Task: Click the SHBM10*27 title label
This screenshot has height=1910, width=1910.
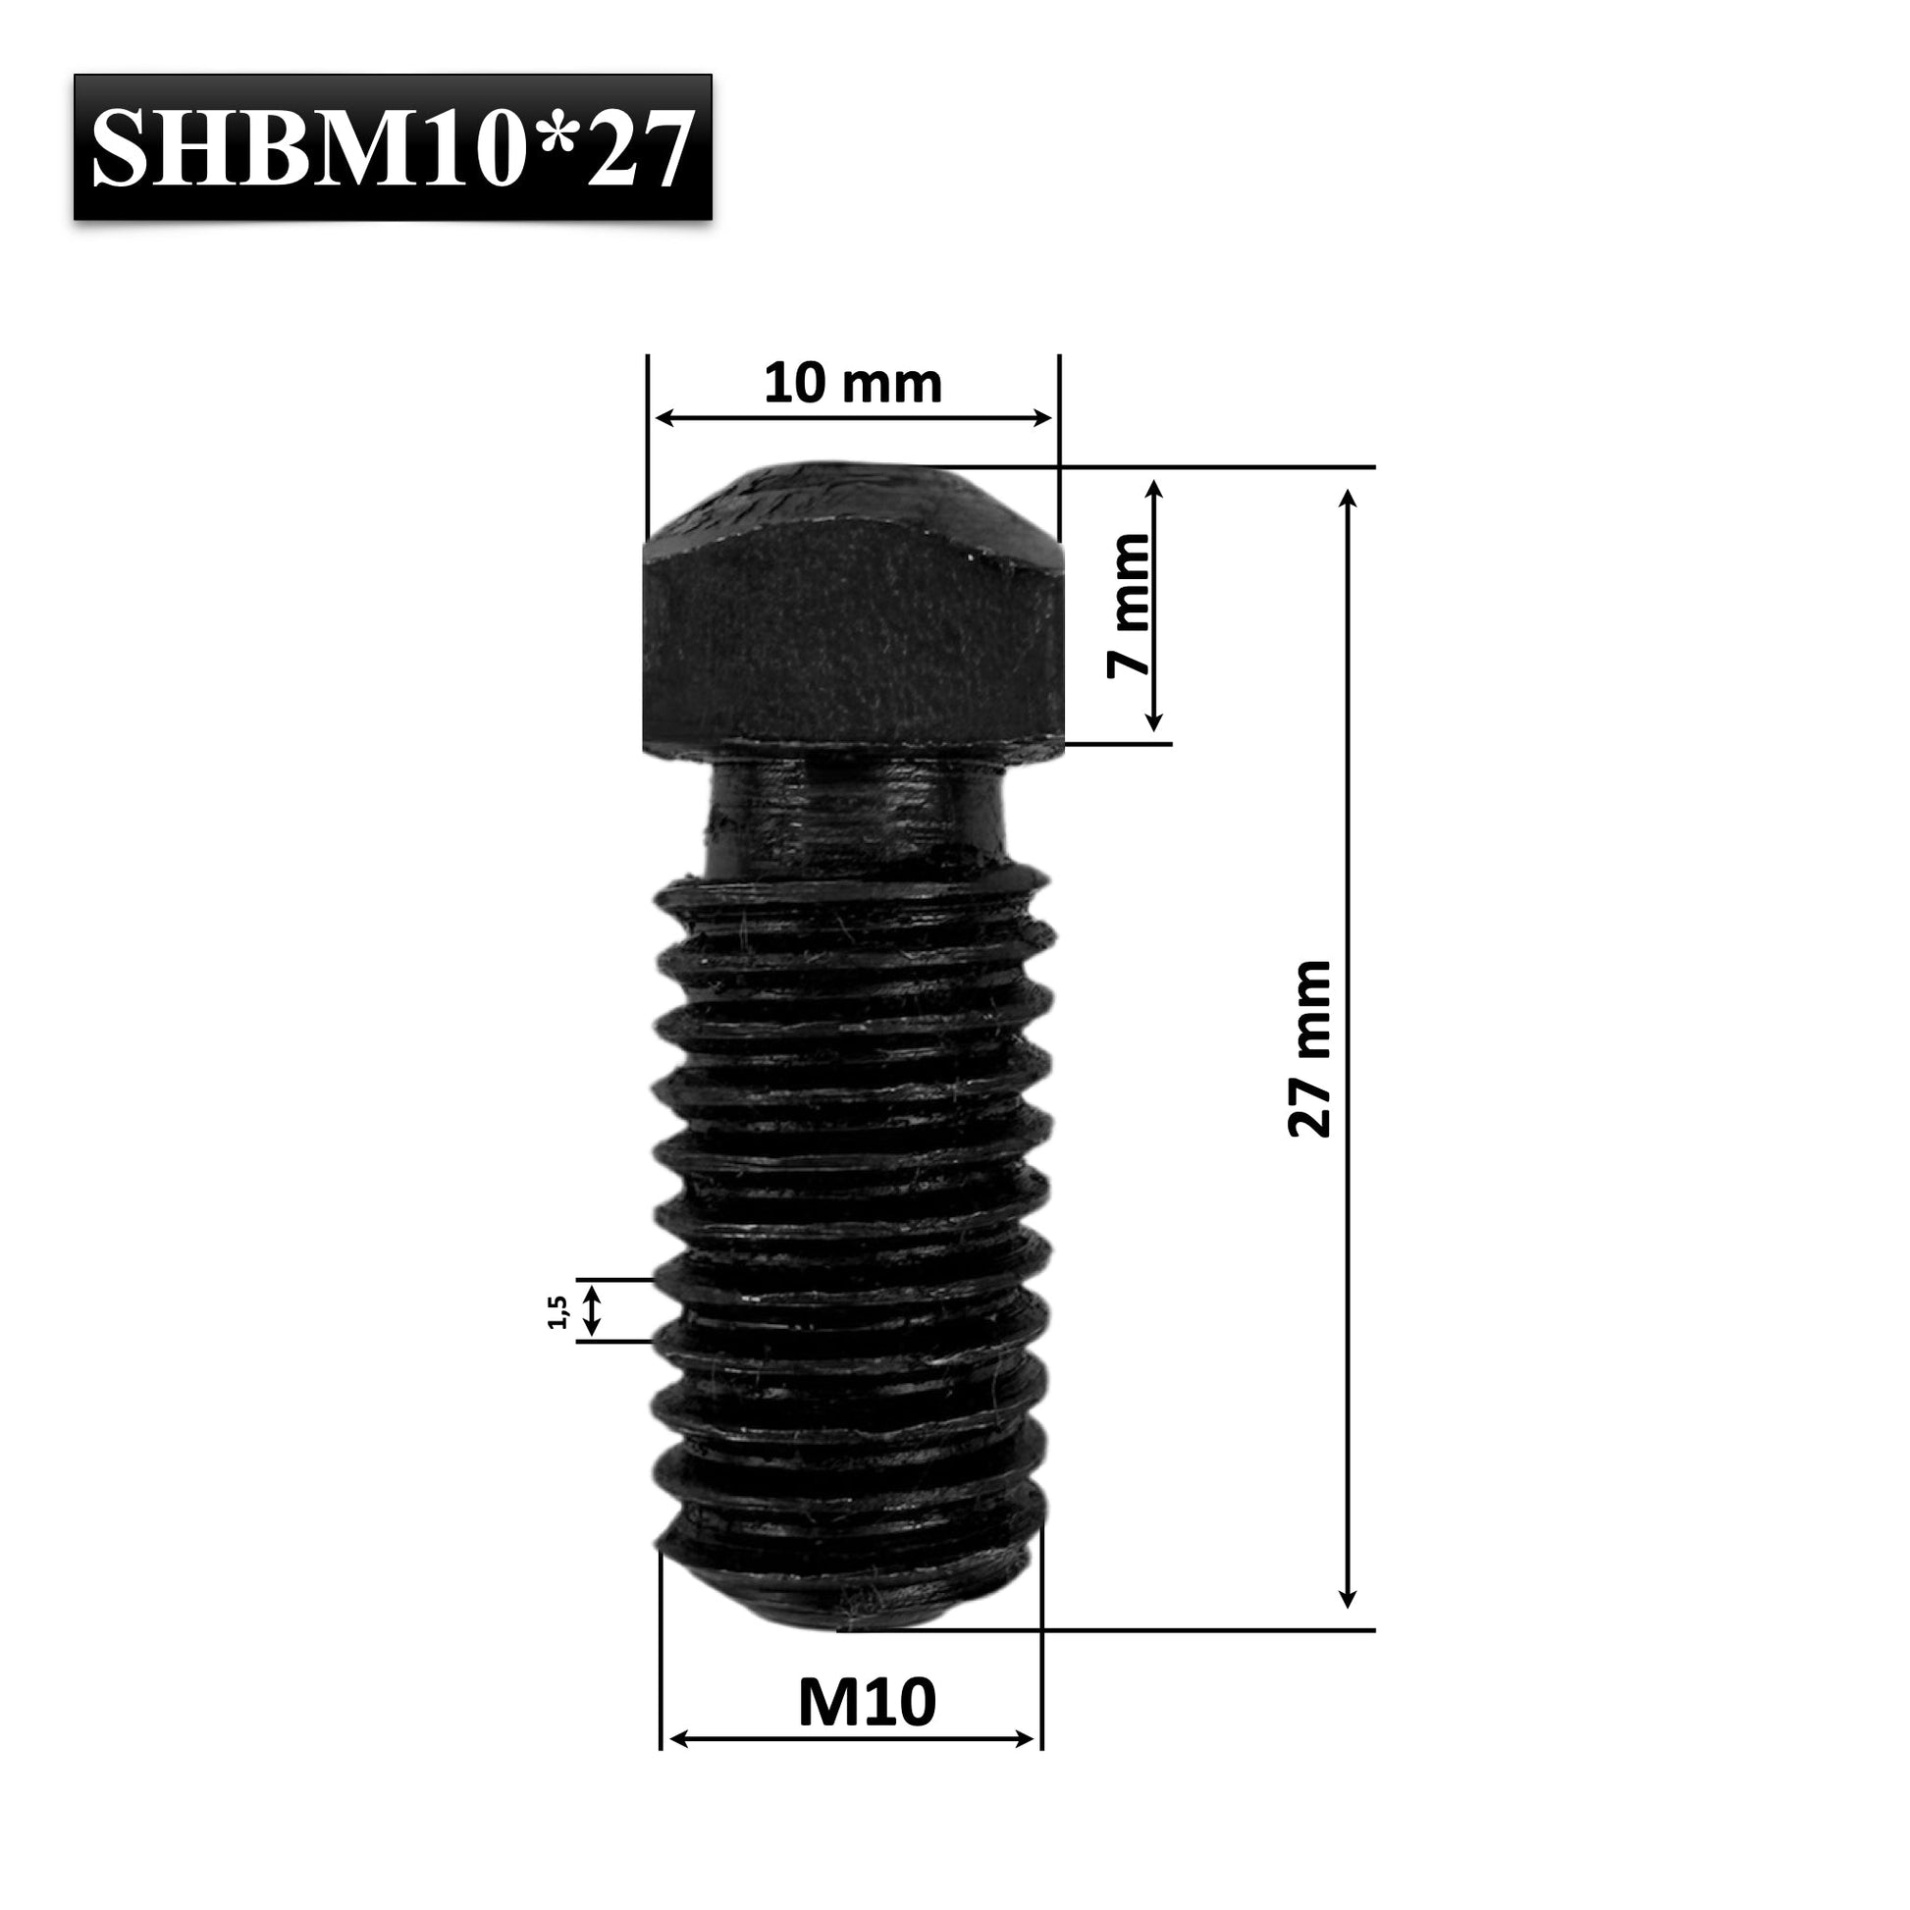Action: tap(393, 146)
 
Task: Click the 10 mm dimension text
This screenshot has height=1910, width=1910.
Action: tap(852, 384)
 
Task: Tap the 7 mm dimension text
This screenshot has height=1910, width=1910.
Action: tap(1129, 605)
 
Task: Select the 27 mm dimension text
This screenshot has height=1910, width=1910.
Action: tap(1309, 1048)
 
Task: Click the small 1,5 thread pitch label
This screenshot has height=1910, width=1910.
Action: tap(557, 1312)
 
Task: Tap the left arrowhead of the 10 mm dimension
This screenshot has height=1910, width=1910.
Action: tap(663, 418)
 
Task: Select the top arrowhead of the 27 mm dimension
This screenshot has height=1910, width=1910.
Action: tap(1347, 497)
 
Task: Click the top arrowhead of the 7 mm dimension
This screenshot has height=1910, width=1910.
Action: tap(1153, 489)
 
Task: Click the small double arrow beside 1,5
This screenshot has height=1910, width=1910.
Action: tap(591, 1310)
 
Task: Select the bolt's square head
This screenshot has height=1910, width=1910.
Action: tap(852, 643)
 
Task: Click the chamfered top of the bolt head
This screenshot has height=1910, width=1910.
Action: tap(852, 504)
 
